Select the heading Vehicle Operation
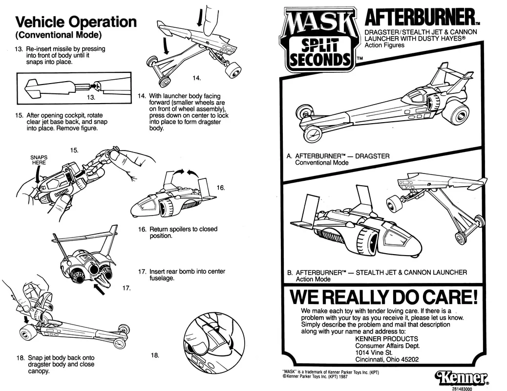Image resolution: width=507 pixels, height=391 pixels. click(x=76, y=22)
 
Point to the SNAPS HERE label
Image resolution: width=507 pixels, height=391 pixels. click(x=39, y=160)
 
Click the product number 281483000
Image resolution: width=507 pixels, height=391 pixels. click(x=462, y=389)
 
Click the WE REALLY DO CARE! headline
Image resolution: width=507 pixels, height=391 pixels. click(x=383, y=297)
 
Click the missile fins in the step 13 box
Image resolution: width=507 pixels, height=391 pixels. click(x=32, y=88)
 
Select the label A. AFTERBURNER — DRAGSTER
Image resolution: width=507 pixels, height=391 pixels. click(x=338, y=156)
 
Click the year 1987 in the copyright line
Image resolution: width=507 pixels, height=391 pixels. click(x=343, y=377)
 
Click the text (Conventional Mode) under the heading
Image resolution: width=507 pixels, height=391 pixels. click(x=58, y=35)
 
